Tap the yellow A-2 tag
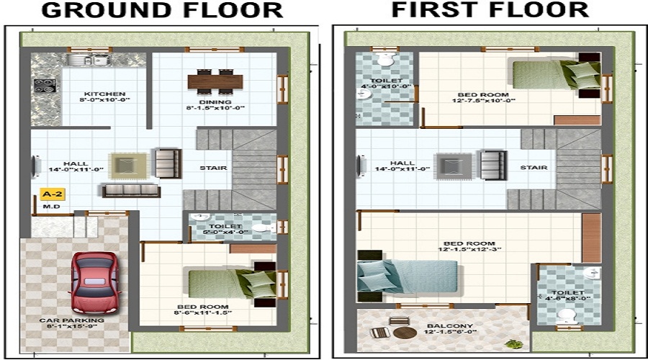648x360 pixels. pos(50,194)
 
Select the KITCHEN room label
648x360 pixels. pos(105,94)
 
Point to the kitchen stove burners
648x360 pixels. pos(44,86)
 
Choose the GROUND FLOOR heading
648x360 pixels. pos(162,10)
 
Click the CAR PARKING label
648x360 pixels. pos(72,320)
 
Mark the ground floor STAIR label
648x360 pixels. pos(214,168)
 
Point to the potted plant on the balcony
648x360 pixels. pos(513,343)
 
